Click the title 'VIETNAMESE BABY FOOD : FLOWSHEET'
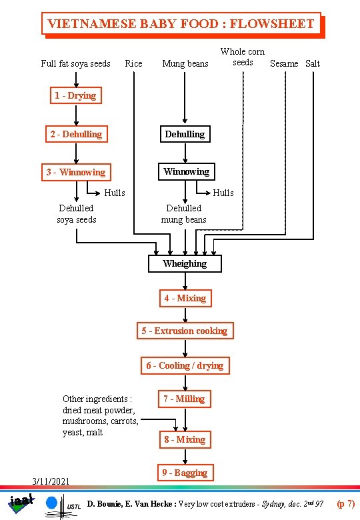click(181, 24)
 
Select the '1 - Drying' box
click(75, 95)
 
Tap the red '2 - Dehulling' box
click(76, 134)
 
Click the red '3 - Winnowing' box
click(75, 172)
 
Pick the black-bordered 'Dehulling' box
click(185, 134)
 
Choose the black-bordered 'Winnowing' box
click(186, 171)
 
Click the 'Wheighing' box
click(185, 263)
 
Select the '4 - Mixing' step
click(185, 298)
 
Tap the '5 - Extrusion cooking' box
click(185, 331)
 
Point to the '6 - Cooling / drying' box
click(185, 365)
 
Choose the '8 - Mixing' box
click(185, 439)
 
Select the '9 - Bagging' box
click(185, 473)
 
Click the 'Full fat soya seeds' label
click(75, 63)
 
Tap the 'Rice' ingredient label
click(133, 63)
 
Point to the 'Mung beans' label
click(185, 63)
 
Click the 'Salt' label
click(312, 63)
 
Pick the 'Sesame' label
click(284, 63)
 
